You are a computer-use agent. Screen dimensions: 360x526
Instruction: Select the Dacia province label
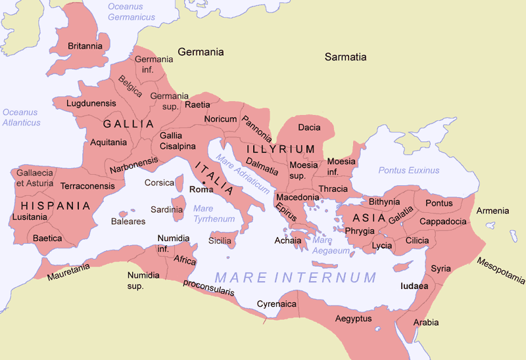pos(309,127)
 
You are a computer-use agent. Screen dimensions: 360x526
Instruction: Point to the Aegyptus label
pos(353,319)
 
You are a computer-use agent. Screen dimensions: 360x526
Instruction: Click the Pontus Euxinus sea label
pos(408,170)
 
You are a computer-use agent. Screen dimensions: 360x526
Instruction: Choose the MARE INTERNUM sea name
pos(296,277)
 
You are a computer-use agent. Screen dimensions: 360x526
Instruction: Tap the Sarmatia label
pos(345,57)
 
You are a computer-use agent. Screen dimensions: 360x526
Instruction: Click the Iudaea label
pos(414,286)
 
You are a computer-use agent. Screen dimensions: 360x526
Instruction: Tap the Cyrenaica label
pos(274,305)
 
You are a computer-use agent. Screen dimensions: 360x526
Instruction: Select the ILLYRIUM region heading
pos(281,149)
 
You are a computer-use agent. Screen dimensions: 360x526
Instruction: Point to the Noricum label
pos(220,119)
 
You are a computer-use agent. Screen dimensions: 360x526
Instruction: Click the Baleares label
pos(128,221)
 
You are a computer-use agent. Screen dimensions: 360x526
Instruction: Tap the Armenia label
pos(492,211)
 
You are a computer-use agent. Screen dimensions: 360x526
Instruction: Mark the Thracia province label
pos(333,189)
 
